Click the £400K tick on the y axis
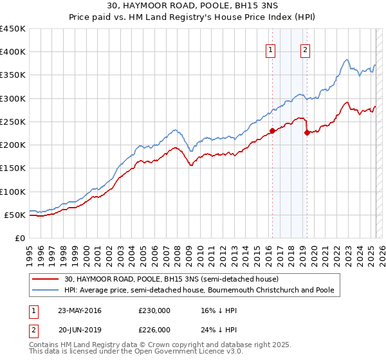coord(13,52)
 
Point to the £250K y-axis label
coord(13,122)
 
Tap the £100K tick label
coord(13,192)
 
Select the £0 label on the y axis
coord(21,238)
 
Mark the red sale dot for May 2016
coord(271,131)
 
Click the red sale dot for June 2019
coord(307,133)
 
